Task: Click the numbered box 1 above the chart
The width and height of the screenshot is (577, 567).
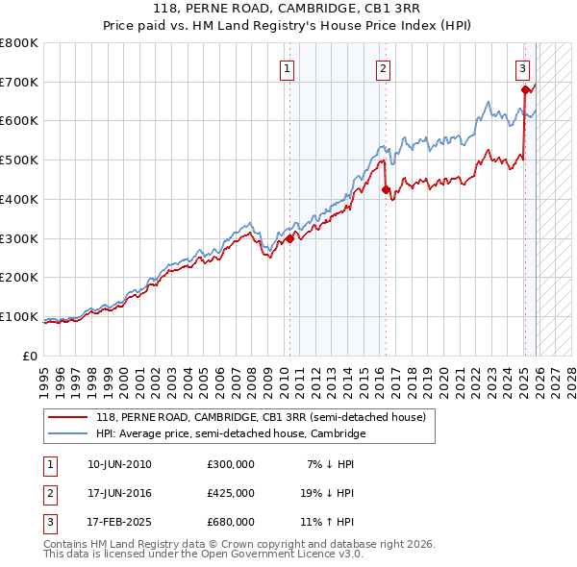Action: [x=288, y=68]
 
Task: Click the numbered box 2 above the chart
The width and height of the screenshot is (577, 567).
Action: [x=383, y=68]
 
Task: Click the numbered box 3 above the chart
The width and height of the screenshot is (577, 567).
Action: [x=522, y=68]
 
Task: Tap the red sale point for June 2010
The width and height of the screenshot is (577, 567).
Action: [x=289, y=238]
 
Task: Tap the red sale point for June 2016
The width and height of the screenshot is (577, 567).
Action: [x=386, y=189]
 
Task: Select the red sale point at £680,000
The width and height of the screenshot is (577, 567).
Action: [x=525, y=89]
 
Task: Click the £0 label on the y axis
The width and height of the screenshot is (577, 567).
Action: [x=29, y=356]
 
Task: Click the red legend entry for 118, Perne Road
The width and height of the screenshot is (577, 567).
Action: [x=261, y=416]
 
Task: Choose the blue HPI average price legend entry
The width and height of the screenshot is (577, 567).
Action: [x=231, y=433]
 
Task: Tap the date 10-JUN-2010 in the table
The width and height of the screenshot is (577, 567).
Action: [x=119, y=463]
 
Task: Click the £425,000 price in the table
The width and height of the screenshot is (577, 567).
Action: [x=231, y=493]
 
